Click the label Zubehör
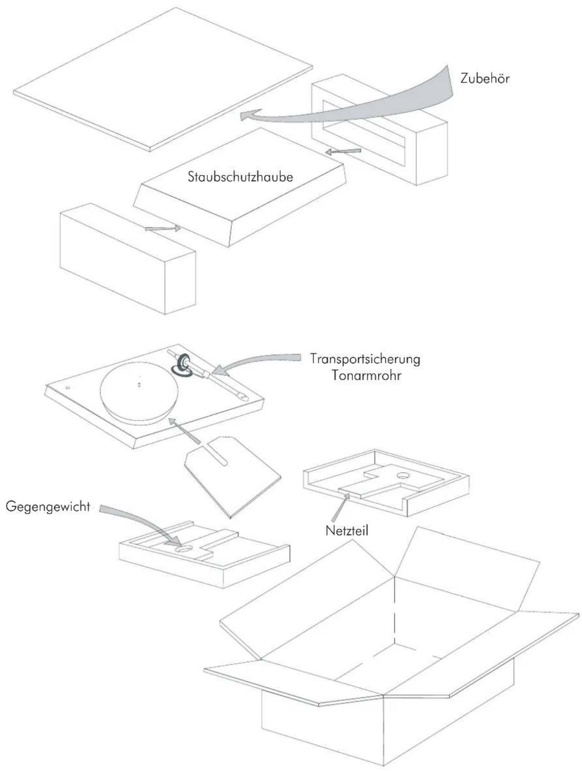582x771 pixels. point(484,78)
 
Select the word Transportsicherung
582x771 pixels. point(365,359)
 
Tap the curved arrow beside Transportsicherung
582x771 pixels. point(257,362)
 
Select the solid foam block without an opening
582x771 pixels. point(128,258)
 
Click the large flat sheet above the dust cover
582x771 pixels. point(163,79)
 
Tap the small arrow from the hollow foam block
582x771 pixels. point(343,152)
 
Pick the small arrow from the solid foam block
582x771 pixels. point(162,229)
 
